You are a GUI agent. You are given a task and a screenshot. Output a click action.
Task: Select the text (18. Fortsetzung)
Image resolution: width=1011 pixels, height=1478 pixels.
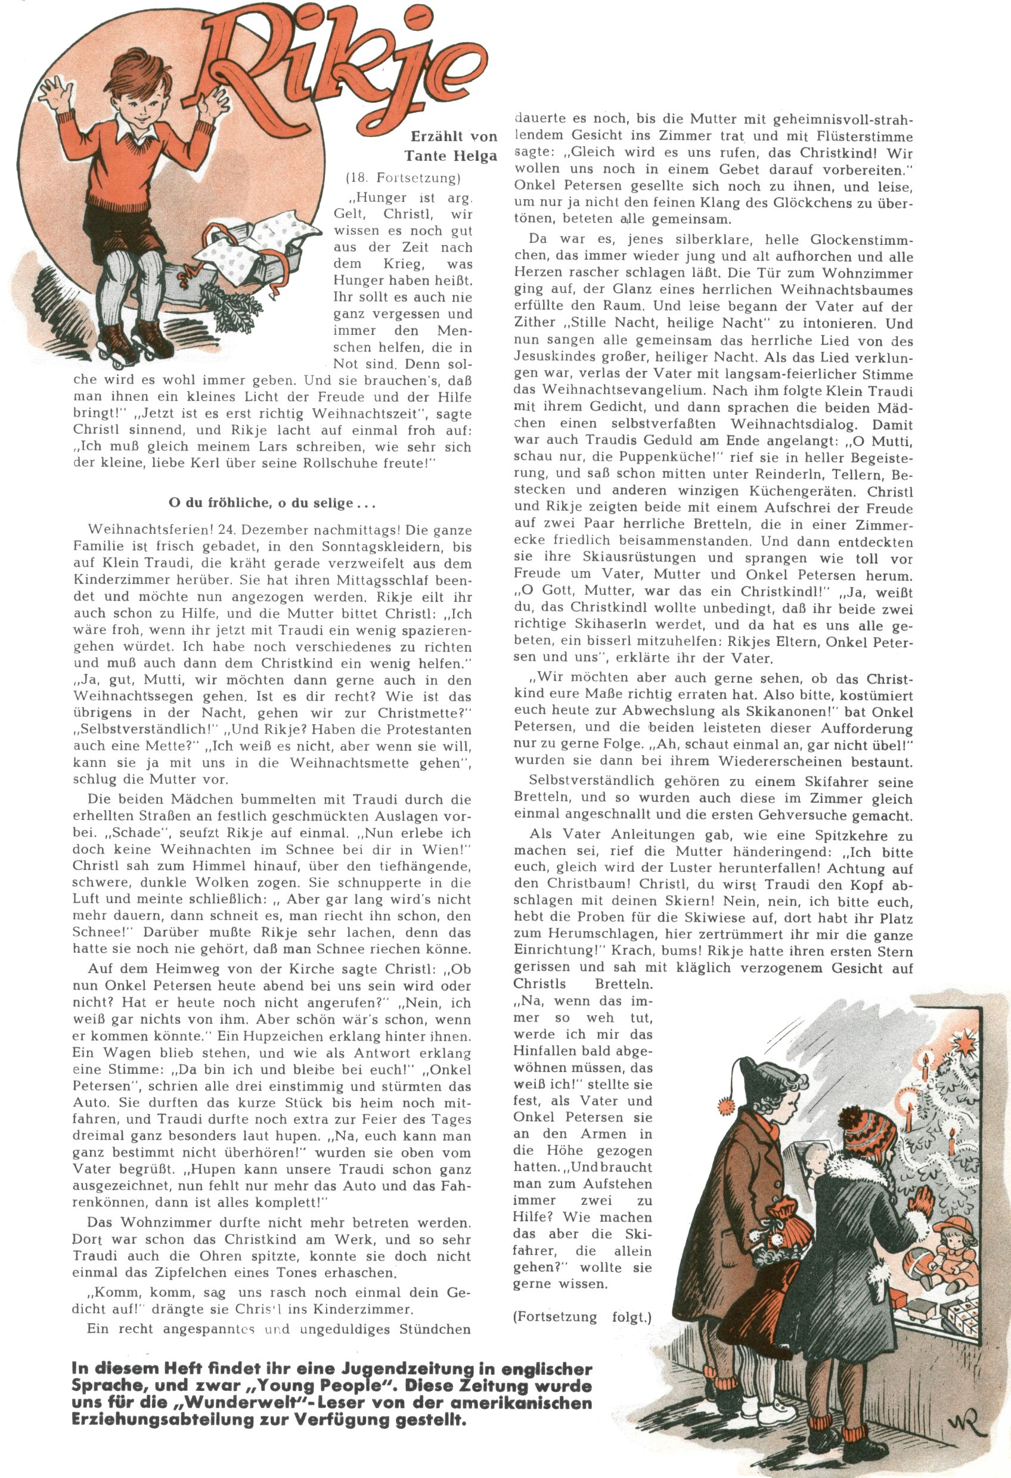(x=403, y=178)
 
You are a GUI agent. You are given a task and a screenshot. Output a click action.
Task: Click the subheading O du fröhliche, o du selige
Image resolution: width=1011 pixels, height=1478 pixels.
(x=272, y=503)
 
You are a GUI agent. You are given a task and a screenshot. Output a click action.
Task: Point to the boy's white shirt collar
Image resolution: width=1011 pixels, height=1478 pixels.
(x=137, y=135)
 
